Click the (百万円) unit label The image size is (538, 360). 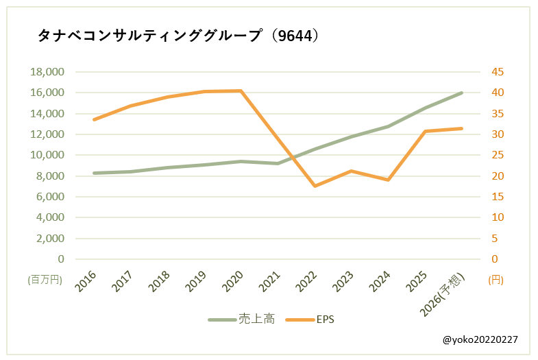(x=45, y=279)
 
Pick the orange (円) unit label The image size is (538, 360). (x=495, y=279)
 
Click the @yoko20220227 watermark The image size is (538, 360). (x=480, y=339)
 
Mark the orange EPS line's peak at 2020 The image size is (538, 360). (x=241, y=91)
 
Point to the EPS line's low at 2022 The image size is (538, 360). (x=315, y=186)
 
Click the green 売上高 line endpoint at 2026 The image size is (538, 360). (x=462, y=93)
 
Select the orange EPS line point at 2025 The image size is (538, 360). (x=425, y=131)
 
